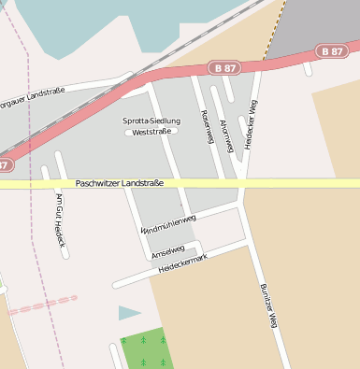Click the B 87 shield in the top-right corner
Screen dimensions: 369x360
[x=332, y=50]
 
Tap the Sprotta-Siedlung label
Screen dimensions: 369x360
[x=153, y=121]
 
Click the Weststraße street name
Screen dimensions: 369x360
[x=151, y=132]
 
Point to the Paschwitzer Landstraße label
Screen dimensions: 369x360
[x=120, y=183]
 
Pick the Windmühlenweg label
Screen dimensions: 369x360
[x=168, y=223]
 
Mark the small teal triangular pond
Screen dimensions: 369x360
[x=129, y=313]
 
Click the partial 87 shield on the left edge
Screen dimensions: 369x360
[x=5, y=165]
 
